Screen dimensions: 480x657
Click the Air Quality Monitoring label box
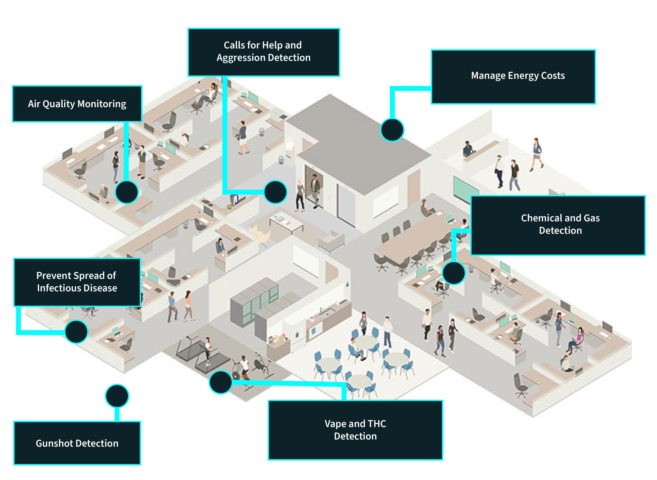pos(77,104)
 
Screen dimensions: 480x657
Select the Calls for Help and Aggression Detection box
pos(264,52)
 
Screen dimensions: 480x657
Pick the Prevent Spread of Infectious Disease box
pos(77,282)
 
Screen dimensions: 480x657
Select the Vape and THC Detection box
pos(355,430)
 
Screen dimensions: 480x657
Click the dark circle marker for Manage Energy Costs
pos(392,130)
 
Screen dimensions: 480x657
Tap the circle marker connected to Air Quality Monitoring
pos(127,192)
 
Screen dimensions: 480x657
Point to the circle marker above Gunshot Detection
pos(117,396)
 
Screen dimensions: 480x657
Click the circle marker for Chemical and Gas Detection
pos(453,273)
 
